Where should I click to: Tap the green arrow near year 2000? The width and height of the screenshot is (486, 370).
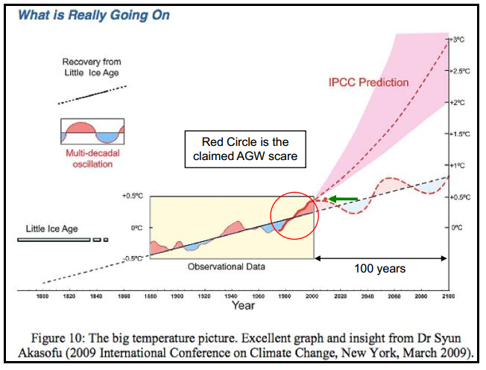(x=343, y=199)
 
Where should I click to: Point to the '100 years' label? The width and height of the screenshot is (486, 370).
(x=381, y=268)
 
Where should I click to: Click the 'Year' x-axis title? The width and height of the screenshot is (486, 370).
(x=243, y=305)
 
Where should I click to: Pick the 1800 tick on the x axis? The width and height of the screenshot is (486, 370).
(x=42, y=296)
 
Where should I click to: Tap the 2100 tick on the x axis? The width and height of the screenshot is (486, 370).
(x=446, y=296)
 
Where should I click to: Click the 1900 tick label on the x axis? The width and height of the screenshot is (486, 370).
(x=177, y=296)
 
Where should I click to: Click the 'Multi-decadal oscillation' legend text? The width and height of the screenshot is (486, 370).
(x=92, y=159)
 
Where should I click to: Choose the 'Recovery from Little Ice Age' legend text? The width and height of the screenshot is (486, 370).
(x=92, y=67)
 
